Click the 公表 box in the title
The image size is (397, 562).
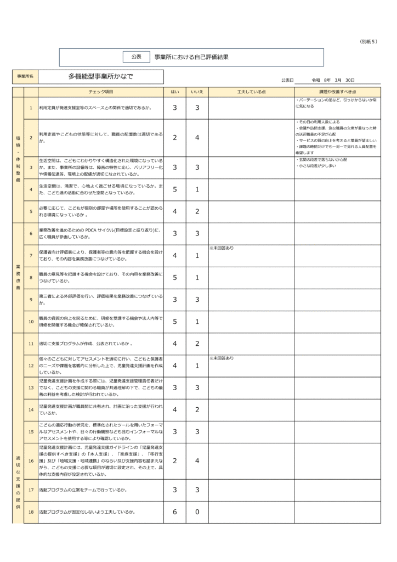tap(137, 57)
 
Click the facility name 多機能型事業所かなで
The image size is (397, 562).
tap(100, 76)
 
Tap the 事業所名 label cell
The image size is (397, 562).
tap(25, 76)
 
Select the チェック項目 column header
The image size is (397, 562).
tap(101, 92)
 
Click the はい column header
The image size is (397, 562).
tap(175, 92)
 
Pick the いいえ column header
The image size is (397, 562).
tap(197, 92)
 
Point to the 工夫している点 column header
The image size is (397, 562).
tap(251, 92)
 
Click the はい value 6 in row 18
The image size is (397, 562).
tap(175, 512)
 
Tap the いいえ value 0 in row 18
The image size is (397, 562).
tap(197, 512)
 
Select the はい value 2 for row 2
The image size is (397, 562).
tap(175, 137)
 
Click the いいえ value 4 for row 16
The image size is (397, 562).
tap(197, 461)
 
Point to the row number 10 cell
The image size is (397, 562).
tap(31, 322)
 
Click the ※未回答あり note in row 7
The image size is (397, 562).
tap(222, 249)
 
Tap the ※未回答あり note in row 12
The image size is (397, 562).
tap(222, 358)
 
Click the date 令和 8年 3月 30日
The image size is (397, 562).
tap(333, 80)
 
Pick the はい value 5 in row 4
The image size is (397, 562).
tap(175, 190)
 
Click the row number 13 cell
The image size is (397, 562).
tap(31, 387)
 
